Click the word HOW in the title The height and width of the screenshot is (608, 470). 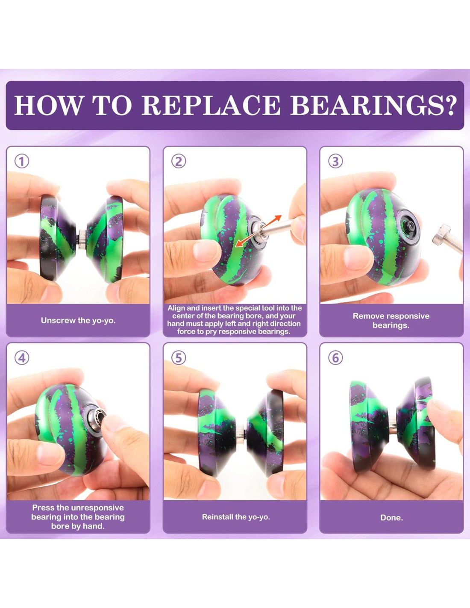(48, 105)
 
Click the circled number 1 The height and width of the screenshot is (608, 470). (22, 162)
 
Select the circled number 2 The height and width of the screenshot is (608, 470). (178, 162)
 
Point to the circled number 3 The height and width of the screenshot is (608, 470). (335, 162)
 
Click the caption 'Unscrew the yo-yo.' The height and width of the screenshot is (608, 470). (78, 321)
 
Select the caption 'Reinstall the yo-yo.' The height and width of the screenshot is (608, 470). (236, 517)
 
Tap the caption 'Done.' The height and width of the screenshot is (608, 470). (391, 518)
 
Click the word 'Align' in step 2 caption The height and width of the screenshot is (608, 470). (176, 308)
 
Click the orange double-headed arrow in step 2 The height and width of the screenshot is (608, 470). (258, 231)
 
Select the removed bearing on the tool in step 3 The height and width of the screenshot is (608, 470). (441, 235)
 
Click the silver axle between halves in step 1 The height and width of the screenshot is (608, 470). (82, 239)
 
